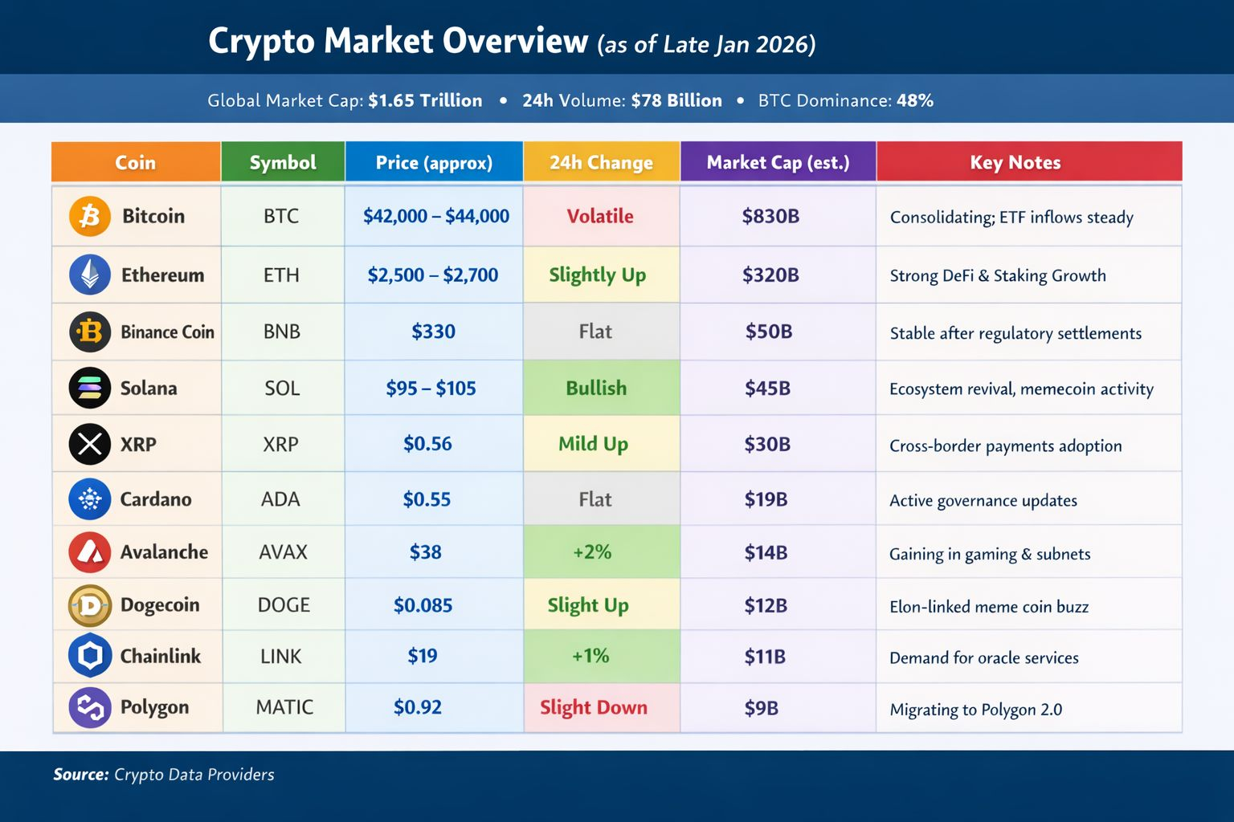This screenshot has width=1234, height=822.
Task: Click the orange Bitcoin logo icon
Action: tap(90, 216)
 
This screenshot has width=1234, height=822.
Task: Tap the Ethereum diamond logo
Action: tap(90, 275)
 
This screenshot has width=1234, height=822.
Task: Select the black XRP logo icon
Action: tap(90, 444)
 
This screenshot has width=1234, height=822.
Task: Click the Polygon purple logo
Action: tap(90, 707)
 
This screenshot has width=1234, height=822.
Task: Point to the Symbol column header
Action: tap(283, 162)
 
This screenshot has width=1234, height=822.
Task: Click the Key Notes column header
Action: tap(1015, 162)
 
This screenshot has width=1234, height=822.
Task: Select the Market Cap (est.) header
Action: tap(778, 162)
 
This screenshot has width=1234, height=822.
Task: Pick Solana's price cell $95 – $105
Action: tap(431, 389)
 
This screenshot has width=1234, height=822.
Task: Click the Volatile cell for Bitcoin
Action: tap(600, 216)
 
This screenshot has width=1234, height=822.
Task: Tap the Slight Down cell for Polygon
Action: tap(594, 707)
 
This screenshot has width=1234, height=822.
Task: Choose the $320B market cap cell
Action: tap(770, 275)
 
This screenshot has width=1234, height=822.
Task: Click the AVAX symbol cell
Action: tap(284, 552)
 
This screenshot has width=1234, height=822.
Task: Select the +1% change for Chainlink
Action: tap(590, 656)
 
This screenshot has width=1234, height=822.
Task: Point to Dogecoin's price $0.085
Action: tap(423, 605)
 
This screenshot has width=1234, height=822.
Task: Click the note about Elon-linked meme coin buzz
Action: tap(989, 607)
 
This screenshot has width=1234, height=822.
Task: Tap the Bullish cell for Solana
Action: tap(596, 389)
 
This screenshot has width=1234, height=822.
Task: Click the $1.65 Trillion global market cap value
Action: tap(425, 100)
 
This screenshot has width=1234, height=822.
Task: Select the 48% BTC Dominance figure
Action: tap(915, 100)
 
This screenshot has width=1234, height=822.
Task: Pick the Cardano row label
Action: tap(156, 499)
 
